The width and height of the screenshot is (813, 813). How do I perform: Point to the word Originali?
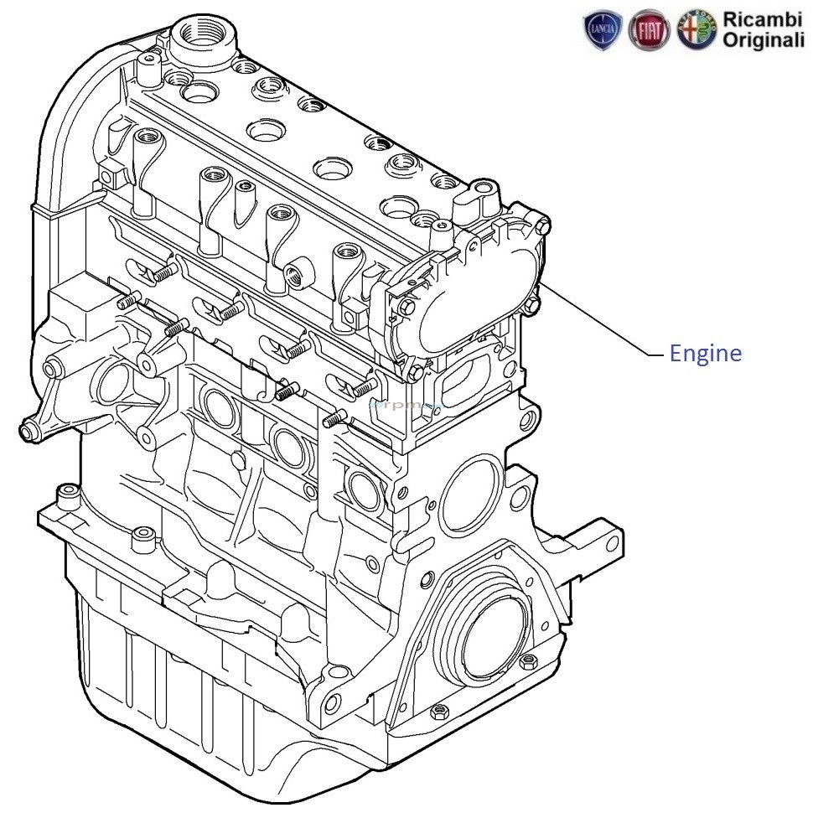tap(764, 41)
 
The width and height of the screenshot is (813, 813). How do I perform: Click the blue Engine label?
tap(705, 354)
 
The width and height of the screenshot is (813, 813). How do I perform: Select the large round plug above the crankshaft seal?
tap(469, 495)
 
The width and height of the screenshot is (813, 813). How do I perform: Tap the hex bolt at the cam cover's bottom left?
tap(416, 371)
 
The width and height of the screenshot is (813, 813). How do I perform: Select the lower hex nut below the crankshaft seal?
tap(438, 713)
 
